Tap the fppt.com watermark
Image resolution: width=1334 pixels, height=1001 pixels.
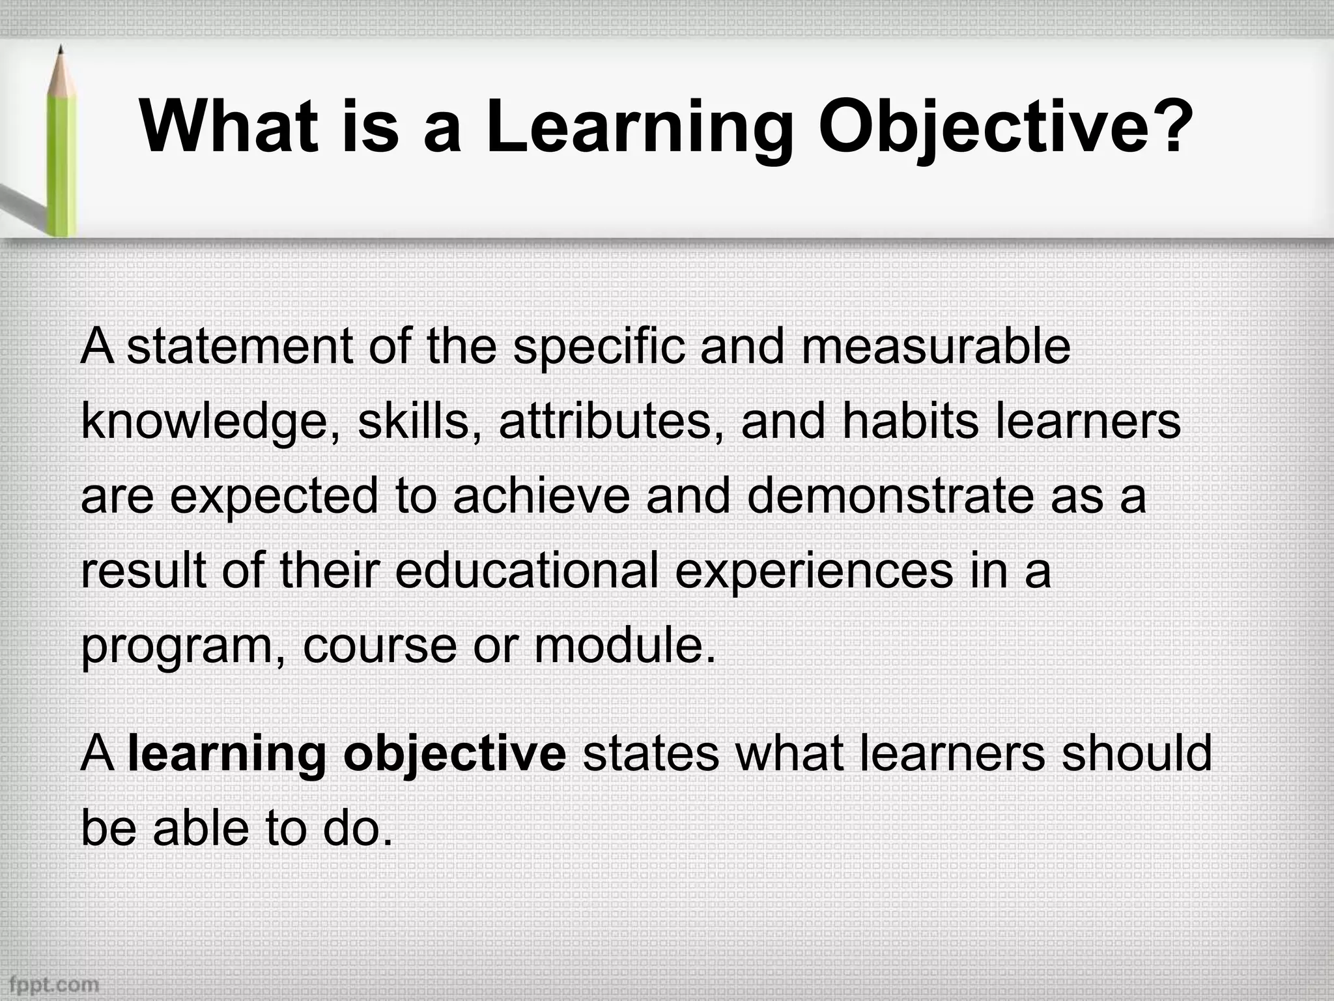(x=50, y=983)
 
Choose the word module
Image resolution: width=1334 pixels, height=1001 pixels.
(x=624, y=645)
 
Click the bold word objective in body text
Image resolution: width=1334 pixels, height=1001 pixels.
(x=454, y=754)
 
